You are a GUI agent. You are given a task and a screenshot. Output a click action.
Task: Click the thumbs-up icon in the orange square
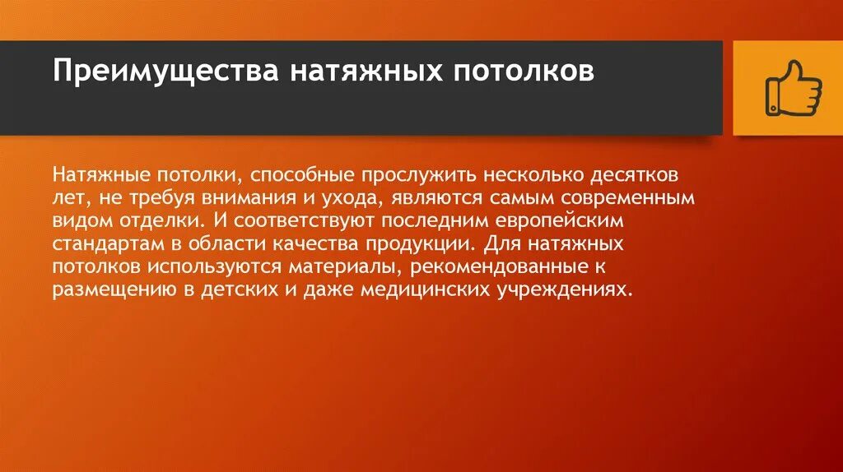(794, 89)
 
